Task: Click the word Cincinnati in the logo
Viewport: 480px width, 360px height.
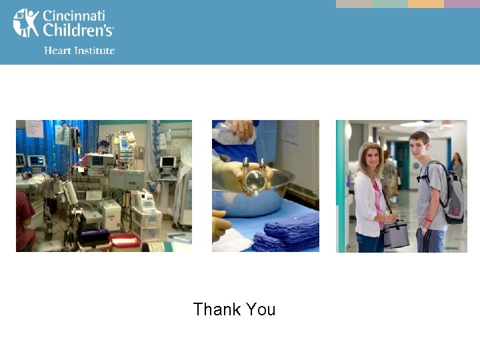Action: pos(73,15)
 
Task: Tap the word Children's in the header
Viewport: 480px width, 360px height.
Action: pos(78,30)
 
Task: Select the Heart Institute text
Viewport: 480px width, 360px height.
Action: pos(79,51)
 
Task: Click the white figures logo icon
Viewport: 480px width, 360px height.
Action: pos(26,23)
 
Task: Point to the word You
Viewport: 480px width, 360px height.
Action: pos(260,309)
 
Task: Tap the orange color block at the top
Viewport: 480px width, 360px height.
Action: pos(425,3)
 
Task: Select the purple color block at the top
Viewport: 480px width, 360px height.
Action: pos(462,3)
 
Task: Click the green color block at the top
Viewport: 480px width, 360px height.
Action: pos(389,3)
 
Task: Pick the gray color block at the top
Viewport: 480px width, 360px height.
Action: pos(353,3)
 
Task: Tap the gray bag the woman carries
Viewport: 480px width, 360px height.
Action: pos(396,234)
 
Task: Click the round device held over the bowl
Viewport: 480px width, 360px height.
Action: pos(254,181)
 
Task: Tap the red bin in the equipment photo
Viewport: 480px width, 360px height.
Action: pos(125,241)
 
